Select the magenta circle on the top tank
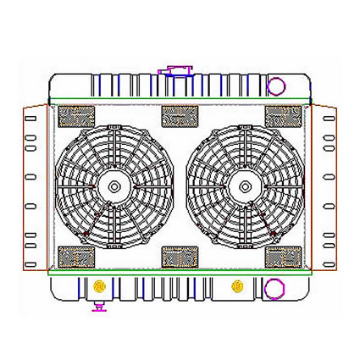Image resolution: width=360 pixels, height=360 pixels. (276, 85)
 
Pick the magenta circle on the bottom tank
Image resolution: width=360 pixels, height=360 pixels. (274, 290)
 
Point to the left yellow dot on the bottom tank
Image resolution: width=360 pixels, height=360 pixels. (100, 284)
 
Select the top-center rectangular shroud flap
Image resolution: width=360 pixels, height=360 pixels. (179, 116)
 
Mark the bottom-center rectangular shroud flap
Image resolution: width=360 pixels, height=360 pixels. (179, 255)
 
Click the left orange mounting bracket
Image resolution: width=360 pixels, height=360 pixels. (34, 186)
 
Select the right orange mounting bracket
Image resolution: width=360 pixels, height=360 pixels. (325, 186)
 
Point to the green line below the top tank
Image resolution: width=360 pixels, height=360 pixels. (180, 103)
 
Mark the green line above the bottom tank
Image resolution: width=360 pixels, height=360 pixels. (180, 273)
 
